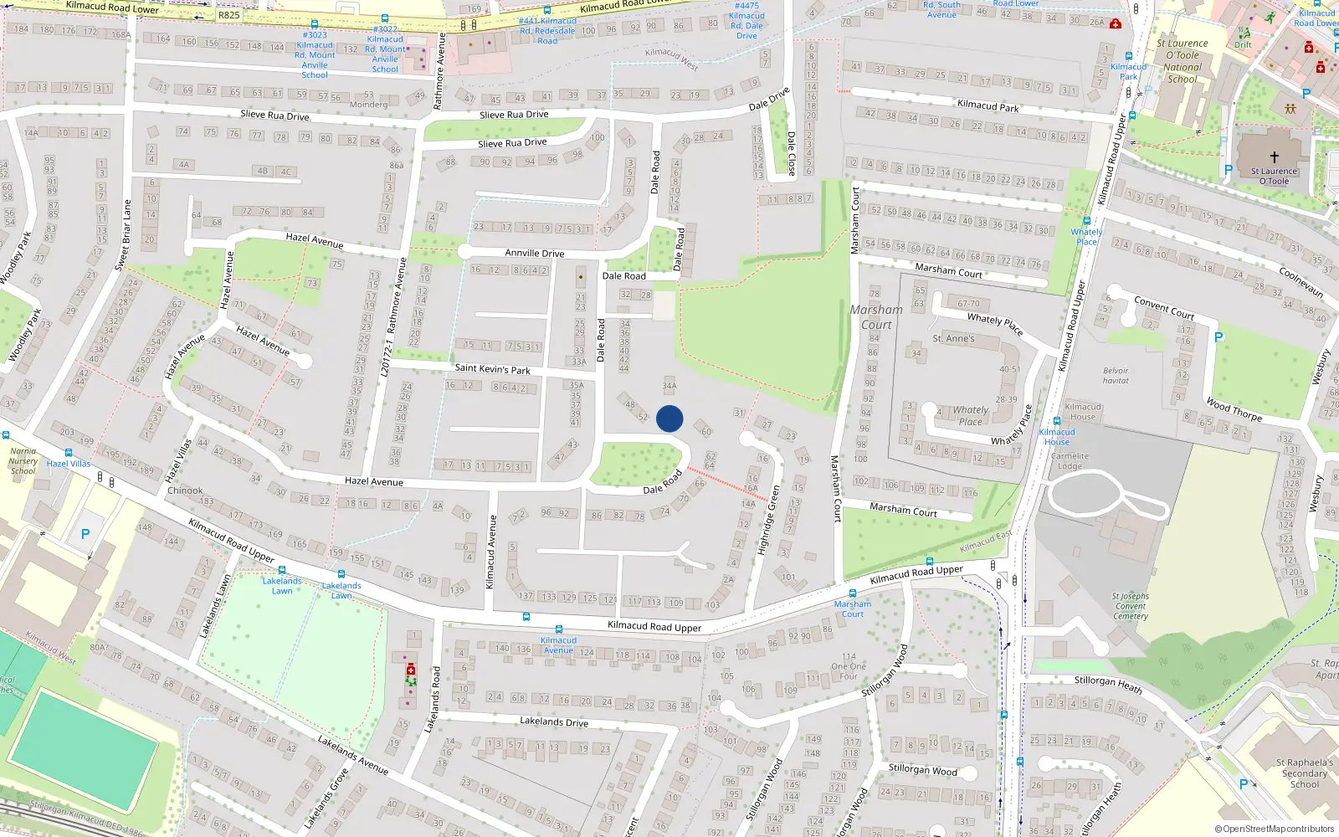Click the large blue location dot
(x=669, y=418)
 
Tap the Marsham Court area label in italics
(x=876, y=317)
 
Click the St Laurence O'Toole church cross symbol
(x=1275, y=157)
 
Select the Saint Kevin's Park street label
(x=492, y=368)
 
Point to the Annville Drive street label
(x=534, y=253)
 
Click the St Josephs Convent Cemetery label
(x=1131, y=606)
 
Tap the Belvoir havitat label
(x=1116, y=376)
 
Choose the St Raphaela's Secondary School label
(x=1304, y=773)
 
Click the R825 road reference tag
(x=228, y=15)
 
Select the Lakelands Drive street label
(x=553, y=721)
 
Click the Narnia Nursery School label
(x=23, y=461)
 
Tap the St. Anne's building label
(x=953, y=339)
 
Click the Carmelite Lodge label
(x=1070, y=461)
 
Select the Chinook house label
(x=185, y=490)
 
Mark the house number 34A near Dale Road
(x=669, y=386)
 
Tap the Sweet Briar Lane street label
(x=123, y=234)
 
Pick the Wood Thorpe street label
(x=1234, y=409)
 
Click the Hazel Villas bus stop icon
(x=6, y=435)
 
